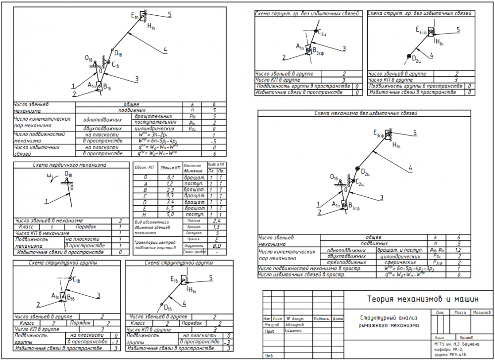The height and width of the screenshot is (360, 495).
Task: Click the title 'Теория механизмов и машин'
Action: point(423,299)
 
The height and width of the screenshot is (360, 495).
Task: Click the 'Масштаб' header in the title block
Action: point(481,313)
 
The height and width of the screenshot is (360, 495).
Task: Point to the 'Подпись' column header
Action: point(321,318)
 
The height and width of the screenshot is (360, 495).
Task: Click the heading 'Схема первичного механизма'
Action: point(70,165)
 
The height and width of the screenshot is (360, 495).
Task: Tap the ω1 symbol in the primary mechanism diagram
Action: point(49,176)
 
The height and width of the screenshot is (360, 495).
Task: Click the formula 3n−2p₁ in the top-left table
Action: point(150,134)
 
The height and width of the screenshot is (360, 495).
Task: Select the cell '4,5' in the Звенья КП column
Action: point(170,208)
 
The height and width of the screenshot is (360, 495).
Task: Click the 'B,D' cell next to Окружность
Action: point(216,245)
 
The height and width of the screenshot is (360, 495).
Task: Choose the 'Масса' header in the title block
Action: point(460,313)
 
